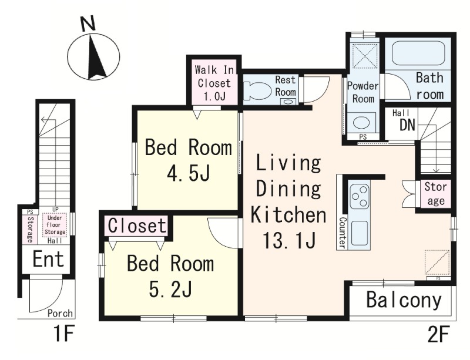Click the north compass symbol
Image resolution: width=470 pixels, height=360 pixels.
tap(93, 57)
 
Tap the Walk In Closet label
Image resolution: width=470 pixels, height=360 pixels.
tap(214, 83)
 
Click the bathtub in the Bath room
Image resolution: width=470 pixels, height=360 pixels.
tap(418, 53)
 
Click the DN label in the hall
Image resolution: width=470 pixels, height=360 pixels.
tap(407, 125)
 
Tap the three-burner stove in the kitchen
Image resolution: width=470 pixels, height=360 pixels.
tap(360, 196)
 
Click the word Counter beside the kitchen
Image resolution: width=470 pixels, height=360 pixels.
tap(342, 233)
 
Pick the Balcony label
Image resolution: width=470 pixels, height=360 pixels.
tap(404, 300)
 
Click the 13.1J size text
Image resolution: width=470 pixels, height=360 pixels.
tap(288, 240)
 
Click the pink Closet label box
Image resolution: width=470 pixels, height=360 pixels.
tap(137, 225)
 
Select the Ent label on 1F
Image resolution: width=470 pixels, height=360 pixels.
tap(48, 259)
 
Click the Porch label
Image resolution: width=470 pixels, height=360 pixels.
tap(61, 313)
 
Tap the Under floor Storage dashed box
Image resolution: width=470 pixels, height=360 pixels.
tap(55, 224)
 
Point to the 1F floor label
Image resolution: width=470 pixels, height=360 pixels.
tap(63, 335)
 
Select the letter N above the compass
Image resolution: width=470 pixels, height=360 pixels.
tap(89, 23)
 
